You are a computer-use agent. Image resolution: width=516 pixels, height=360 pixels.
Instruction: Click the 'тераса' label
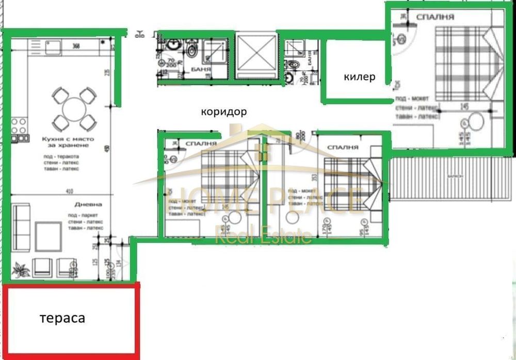(62, 319)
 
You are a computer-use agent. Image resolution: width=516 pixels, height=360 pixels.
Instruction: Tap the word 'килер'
(359, 77)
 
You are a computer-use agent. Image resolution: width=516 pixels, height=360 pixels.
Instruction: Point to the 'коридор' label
(223, 112)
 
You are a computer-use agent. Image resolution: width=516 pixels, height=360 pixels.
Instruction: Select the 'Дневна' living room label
(84, 205)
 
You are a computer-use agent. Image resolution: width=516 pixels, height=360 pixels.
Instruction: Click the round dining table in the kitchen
(73, 109)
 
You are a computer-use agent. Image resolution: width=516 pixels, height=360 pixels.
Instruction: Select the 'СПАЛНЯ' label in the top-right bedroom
(439, 17)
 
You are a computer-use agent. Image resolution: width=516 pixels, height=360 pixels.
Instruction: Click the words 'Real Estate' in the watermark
(263, 237)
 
